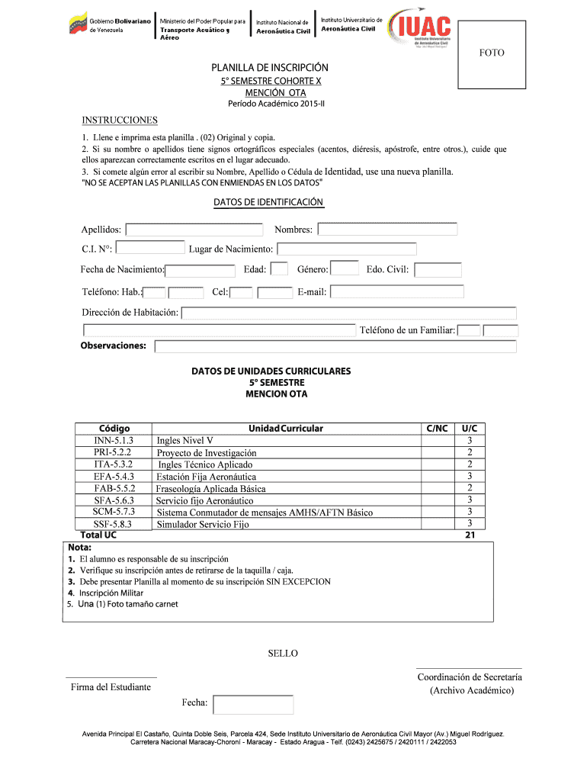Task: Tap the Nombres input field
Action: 387,229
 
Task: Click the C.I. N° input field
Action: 150,248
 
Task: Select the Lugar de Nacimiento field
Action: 346,249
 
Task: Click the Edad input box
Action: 280,268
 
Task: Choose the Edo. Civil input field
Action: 438,269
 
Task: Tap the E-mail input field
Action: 396,291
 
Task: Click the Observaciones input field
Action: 335,346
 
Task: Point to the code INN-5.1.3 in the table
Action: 114,441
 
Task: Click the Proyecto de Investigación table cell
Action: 207,452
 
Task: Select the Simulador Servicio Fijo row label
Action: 203,525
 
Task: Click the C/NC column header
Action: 438,429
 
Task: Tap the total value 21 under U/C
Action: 470,535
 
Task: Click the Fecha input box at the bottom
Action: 253,704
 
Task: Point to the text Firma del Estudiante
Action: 111,687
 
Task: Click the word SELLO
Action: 283,654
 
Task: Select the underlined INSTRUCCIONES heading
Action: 120,120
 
